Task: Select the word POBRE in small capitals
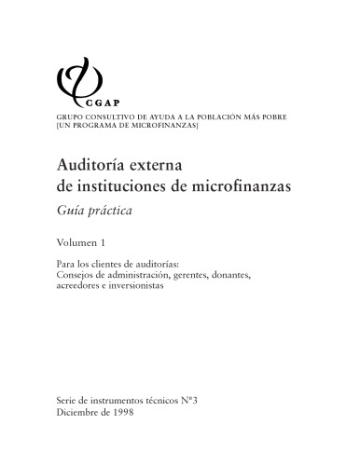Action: pyautogui.click(x=272, y=116)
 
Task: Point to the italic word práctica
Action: pyautogui.click(x=112, y=211)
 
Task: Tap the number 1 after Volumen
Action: pyautogui.click(x=118, y=243)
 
